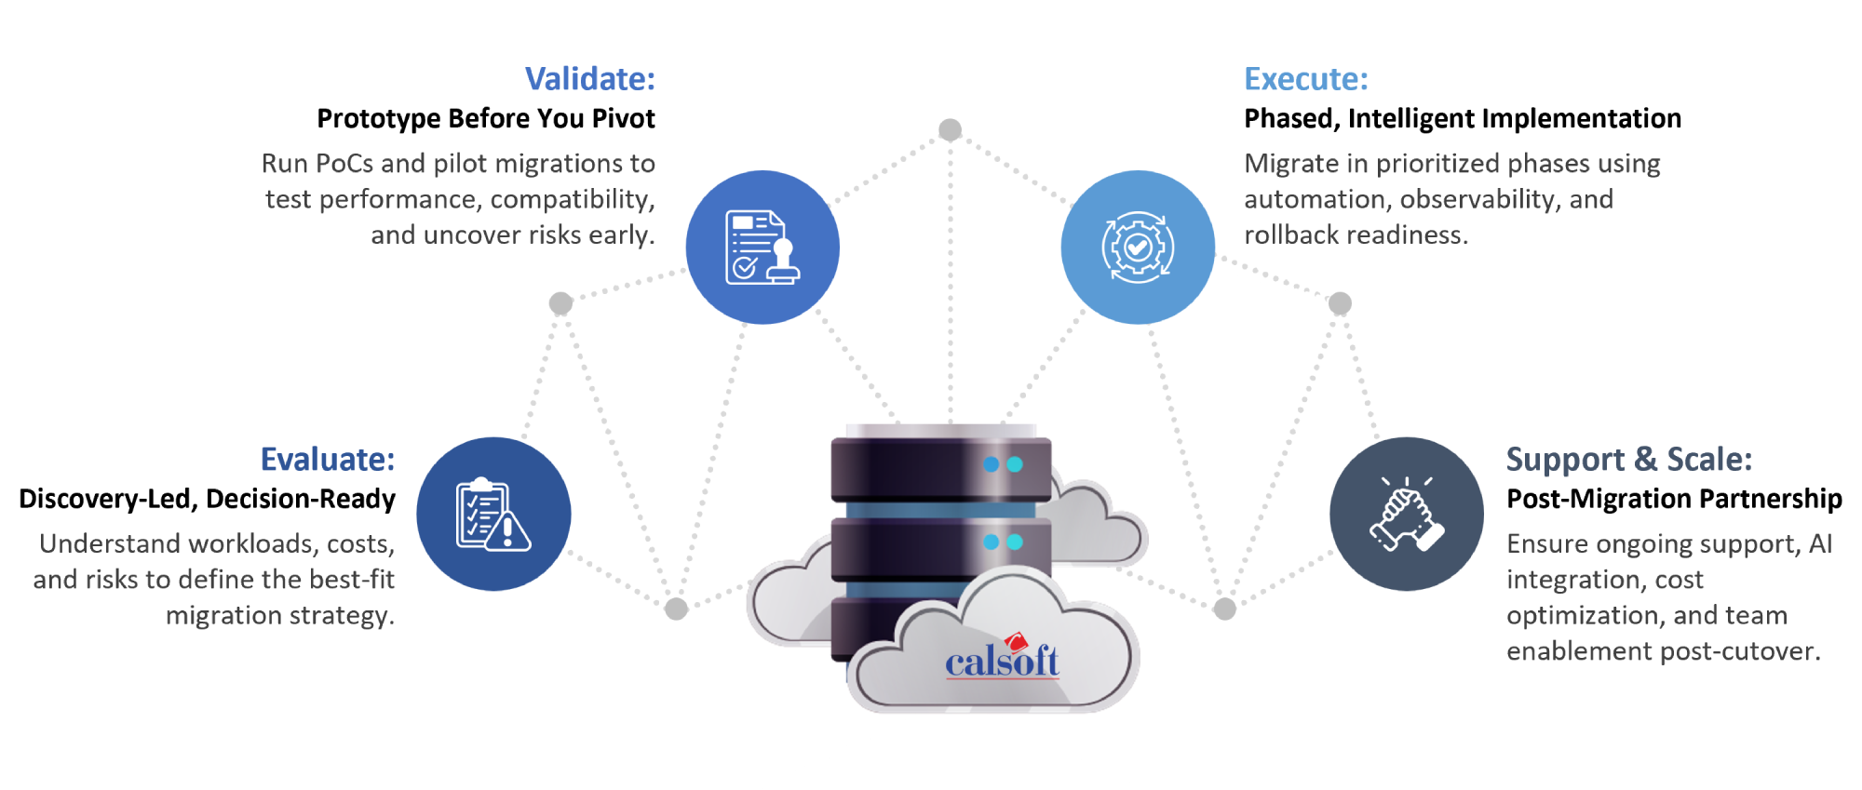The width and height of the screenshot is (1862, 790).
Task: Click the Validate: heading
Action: (x=589, y=79)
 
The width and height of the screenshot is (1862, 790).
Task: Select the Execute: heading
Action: (x=1305, y=79)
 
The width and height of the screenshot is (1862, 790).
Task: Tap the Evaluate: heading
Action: (x=327, y=460)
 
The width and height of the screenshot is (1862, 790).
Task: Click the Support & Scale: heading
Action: (x=1628, y=460)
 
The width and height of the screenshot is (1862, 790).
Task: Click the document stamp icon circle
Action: (x=762, y=248)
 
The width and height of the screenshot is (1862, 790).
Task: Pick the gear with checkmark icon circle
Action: (x=1138, y=248)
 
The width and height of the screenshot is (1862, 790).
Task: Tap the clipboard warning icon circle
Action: (x=493, y=515)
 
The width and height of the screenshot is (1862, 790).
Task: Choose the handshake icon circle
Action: (x=1407, y=515)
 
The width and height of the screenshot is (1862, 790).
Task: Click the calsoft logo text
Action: (x=1002, y=661)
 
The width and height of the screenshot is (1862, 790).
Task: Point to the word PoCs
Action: (x=344, y=164)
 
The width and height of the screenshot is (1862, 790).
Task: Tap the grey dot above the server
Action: (x=950, y=129)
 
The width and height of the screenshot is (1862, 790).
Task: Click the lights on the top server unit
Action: (x=1003, y=464)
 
